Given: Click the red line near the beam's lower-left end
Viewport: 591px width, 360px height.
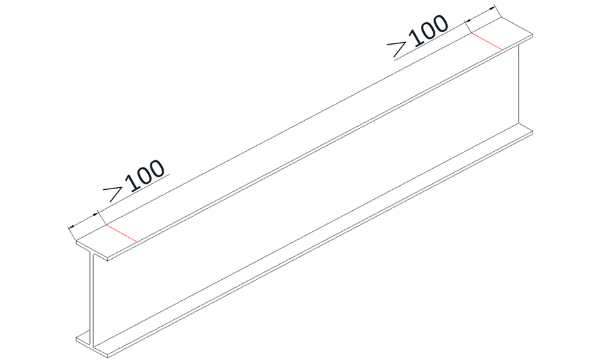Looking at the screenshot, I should pos(121,234).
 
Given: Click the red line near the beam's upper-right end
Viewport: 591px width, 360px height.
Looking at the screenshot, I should pos(487,41).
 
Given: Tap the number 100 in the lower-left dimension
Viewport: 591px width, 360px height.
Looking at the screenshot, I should pos(144,175).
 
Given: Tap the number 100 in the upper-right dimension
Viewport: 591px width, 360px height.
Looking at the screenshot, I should pos(427,29).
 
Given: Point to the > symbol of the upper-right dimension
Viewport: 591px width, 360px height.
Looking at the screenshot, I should pos(399,46).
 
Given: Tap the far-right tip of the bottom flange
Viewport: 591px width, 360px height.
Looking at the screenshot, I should pos(532,130).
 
